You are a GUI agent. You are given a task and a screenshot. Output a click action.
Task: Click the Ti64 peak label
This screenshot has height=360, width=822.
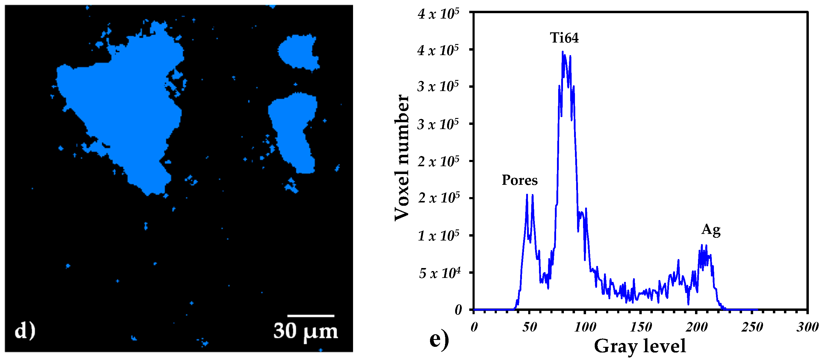pos(564,38)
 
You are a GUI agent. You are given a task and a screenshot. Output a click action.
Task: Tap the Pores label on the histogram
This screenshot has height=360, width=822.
pos(520,180)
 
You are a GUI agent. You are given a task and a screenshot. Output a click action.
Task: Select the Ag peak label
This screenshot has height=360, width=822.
pos(711,230)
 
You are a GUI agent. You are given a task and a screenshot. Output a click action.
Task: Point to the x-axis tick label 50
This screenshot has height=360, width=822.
pos(529,327)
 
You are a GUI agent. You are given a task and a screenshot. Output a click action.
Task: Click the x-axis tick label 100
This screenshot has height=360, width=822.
pos(585,327)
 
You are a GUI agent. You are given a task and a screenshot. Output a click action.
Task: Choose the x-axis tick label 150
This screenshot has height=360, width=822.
pos(641,327)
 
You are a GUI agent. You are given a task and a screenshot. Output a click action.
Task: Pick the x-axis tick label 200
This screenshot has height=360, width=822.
pos(696,327)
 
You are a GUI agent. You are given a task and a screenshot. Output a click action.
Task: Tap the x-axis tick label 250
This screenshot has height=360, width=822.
pos(752,327)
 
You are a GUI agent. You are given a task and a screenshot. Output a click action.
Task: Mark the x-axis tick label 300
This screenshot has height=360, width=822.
pos(807,327)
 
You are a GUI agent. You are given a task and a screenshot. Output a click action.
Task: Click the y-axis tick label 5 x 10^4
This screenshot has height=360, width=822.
pos(439,273)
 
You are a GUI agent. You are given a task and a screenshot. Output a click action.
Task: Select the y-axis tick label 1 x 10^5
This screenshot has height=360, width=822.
pos(438,236)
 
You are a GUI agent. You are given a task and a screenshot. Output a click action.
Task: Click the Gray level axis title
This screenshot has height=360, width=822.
pos(640,346)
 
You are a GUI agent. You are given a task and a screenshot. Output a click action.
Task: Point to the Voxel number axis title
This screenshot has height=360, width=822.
pos(402,158)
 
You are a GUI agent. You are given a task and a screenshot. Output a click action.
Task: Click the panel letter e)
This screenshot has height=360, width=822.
pos(439,340)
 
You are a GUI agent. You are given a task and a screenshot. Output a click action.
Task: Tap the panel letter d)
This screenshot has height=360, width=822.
pos(25,331)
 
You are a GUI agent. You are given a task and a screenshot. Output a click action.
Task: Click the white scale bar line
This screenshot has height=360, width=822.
pos(311,316)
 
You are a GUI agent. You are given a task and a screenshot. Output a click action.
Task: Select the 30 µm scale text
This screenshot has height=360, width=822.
pos(305,331)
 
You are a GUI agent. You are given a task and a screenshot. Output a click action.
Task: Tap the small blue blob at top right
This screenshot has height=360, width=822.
pos(298,52)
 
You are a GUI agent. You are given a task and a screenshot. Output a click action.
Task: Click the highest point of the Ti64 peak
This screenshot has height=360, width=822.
pos(563,52)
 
